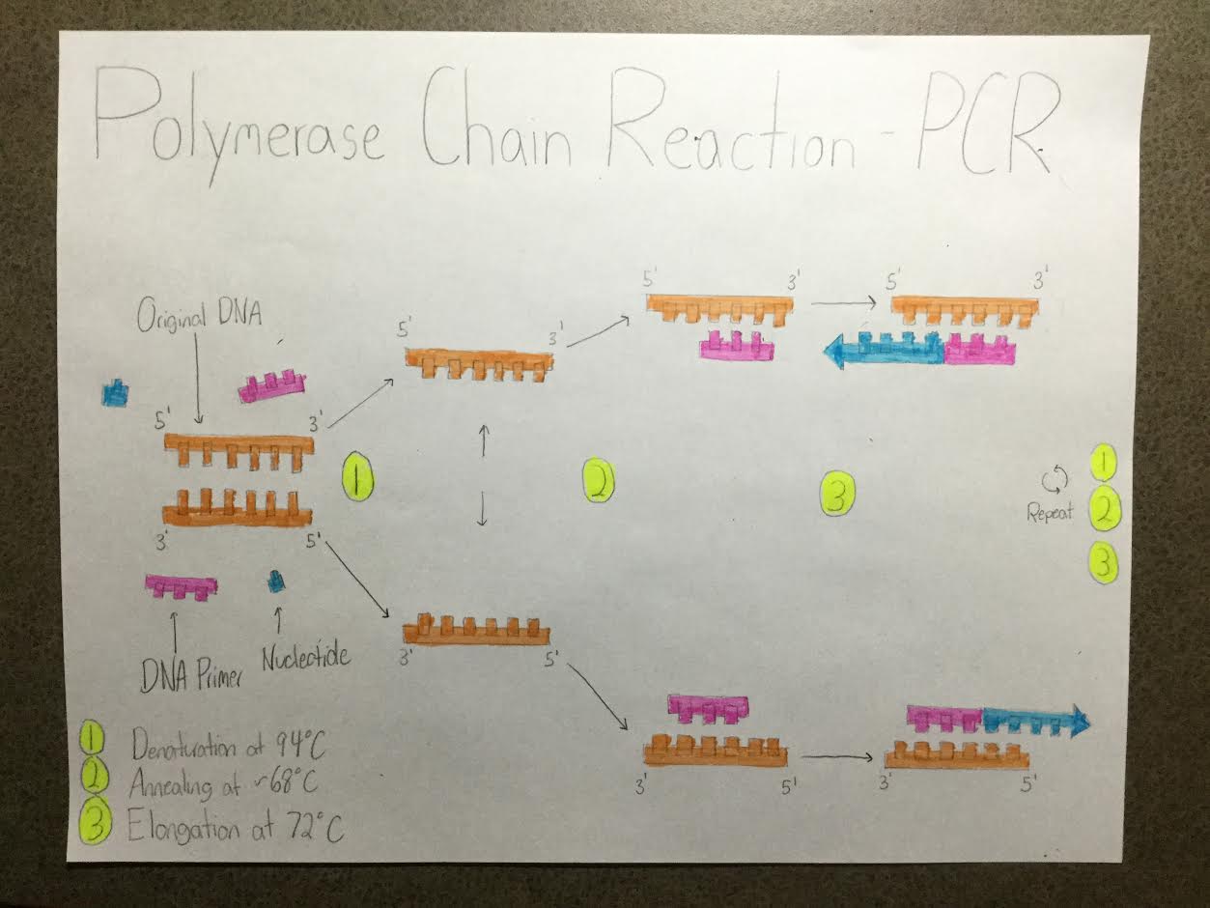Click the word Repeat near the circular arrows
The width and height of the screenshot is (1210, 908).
1050,513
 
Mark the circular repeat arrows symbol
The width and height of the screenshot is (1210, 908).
1054,478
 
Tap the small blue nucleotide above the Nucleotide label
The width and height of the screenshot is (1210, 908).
276,581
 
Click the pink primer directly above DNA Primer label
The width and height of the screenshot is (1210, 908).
182,586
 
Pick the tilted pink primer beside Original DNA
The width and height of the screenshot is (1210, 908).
272,385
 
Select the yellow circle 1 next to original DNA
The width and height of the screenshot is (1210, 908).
357,479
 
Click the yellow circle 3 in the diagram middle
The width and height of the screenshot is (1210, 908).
836,496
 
